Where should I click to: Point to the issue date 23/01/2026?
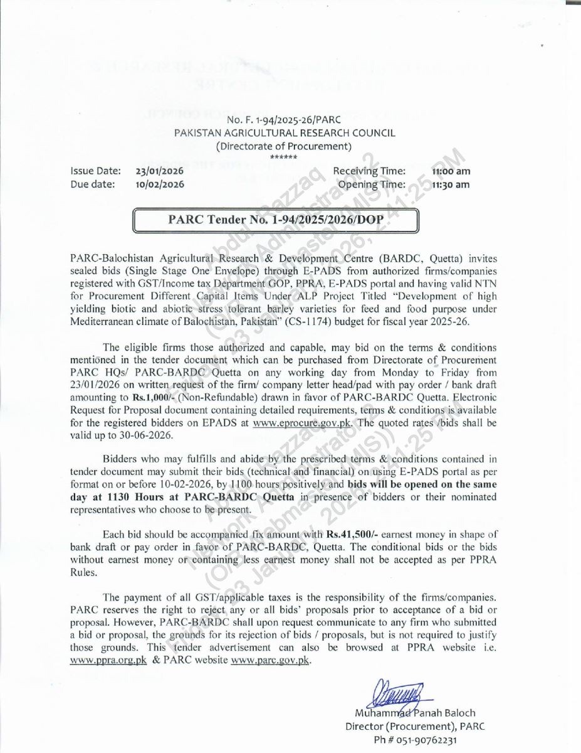tap(159, 171)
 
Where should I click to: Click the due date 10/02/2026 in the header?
tap(159, 184)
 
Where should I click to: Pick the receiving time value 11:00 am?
tap(451, 171)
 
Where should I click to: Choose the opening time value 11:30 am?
tap(451, 184)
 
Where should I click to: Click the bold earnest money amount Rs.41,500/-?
tap(349, 534)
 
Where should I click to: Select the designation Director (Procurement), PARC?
tap(415, 727)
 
